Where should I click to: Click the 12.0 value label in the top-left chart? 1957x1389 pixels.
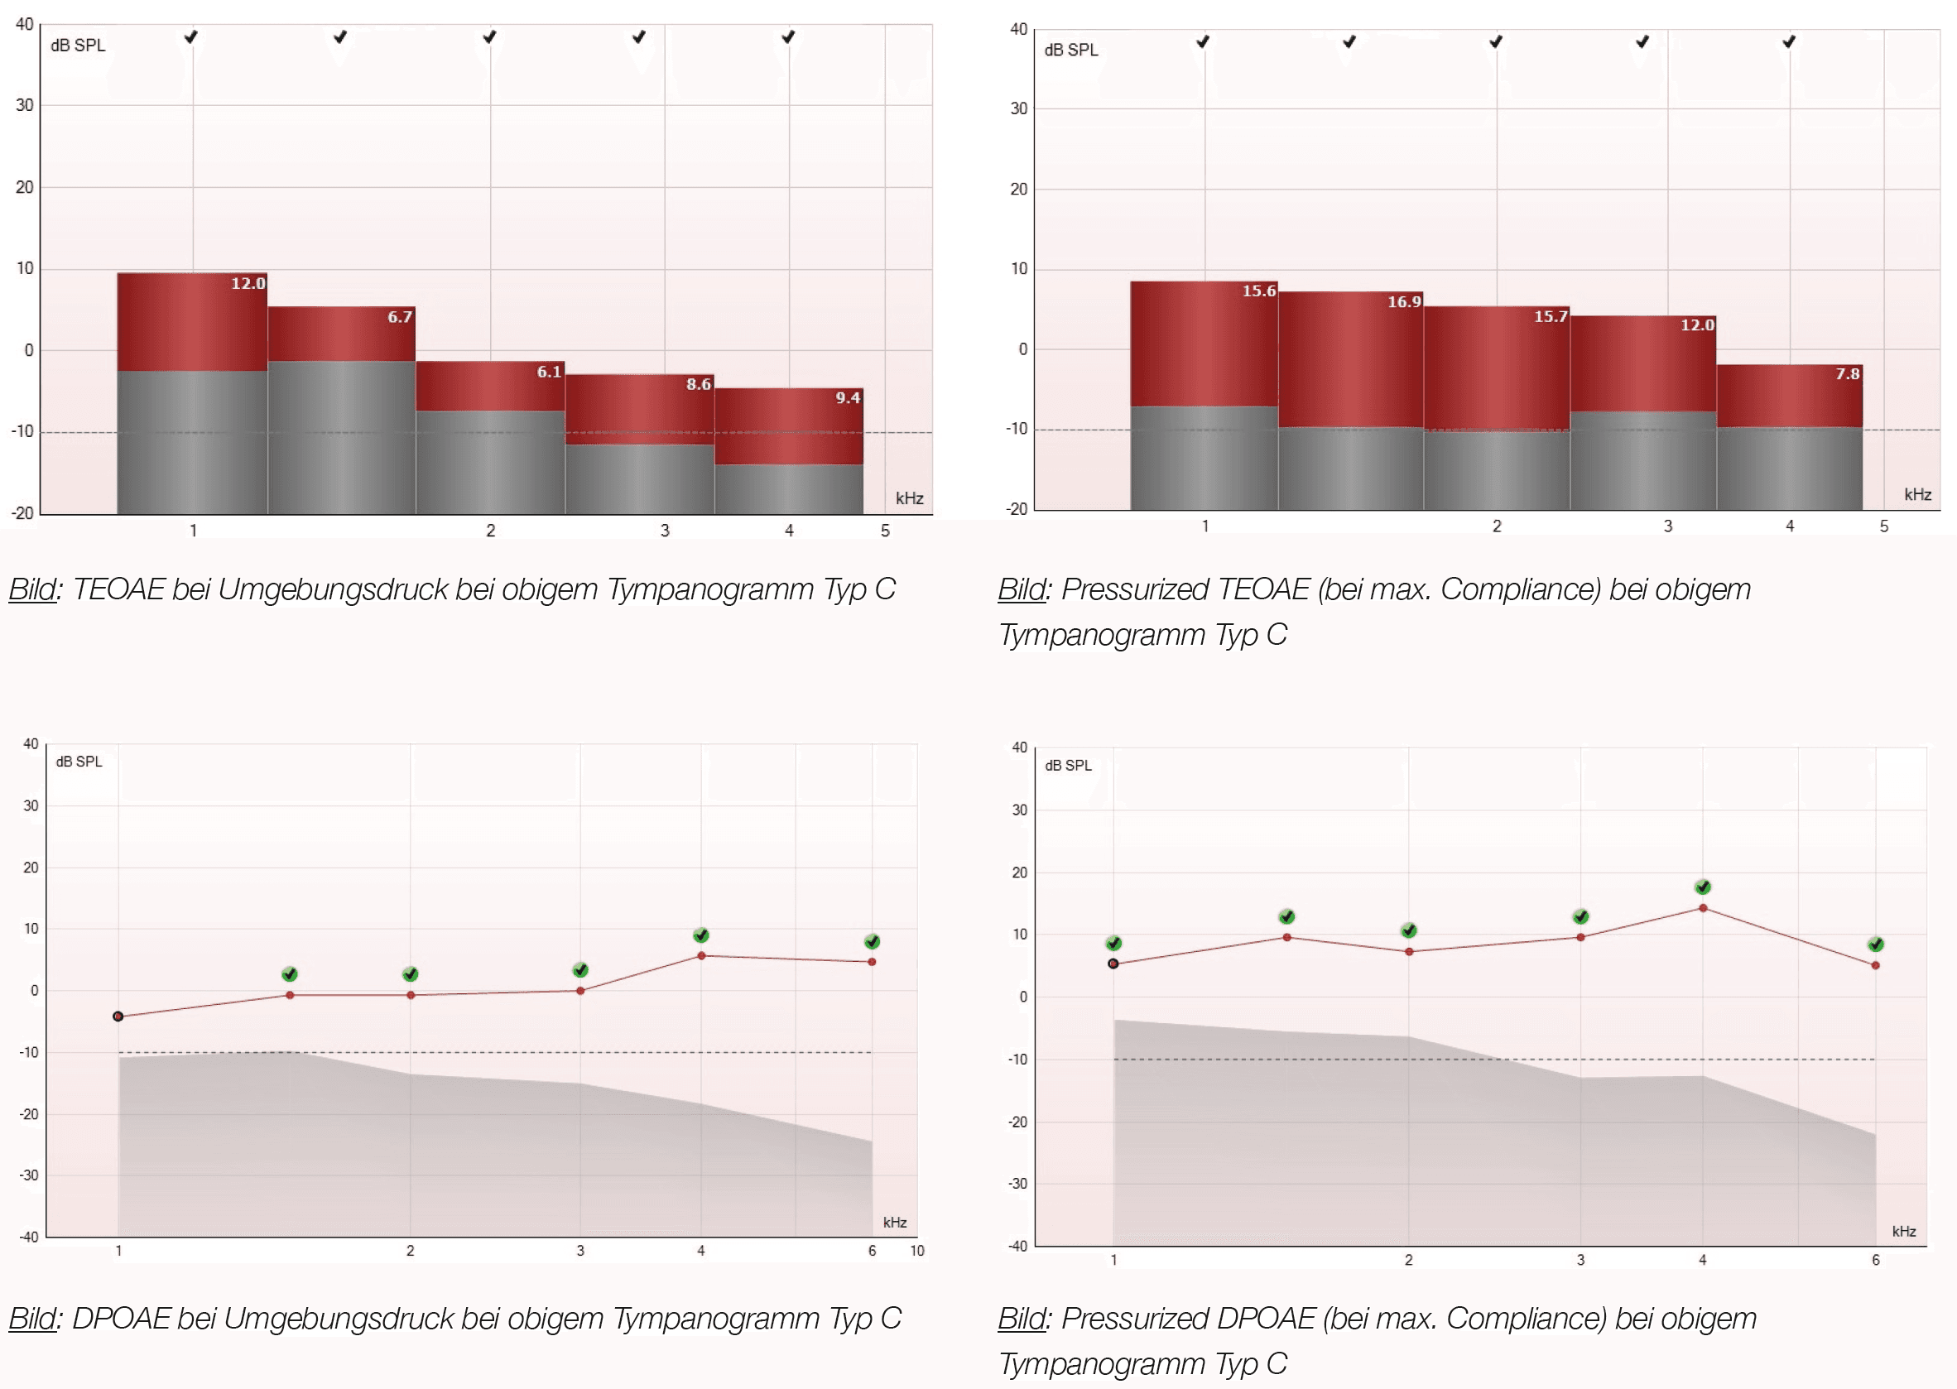point(248,283)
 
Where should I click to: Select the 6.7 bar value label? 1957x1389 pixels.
point(400,316)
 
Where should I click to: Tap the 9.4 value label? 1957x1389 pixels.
point(848,397)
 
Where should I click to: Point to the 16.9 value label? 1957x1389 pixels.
point(1404,302)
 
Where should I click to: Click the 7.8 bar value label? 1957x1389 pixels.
point(1847,374)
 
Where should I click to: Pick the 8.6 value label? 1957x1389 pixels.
point(698,384)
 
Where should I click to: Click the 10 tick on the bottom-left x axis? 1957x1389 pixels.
point(917,1251)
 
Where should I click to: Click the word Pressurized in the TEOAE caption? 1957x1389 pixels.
point(1134,589)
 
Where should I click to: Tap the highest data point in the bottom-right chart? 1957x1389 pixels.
point(1702,908)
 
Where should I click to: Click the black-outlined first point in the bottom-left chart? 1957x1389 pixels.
point(118,1017)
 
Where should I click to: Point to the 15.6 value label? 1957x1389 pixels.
point(1258,291)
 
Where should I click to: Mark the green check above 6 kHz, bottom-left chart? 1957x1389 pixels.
point(872,942)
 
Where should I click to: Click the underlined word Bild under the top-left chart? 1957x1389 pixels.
point(32,589)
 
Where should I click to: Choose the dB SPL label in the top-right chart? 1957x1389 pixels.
point(1071,50)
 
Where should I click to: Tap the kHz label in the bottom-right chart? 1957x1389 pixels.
point(1903,1231)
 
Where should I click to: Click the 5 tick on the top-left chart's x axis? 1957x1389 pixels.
point(885,531)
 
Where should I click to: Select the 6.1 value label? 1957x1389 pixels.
point(548,371)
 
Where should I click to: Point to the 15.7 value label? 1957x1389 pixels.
point(1550,316)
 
